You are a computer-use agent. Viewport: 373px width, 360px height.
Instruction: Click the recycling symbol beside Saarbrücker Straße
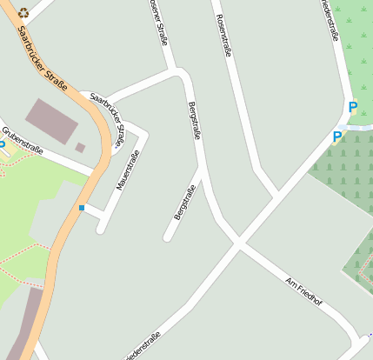click(23, 13)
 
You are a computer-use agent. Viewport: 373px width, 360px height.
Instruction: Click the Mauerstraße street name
click(128, 170)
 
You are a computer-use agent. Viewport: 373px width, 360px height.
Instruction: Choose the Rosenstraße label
click(223, 36)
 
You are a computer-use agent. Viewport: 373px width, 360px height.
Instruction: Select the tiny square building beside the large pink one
click(80, 148)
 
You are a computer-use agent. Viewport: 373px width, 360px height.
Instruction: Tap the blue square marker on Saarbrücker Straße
click(82, 208)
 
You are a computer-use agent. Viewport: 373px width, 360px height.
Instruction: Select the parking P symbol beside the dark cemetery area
click(336, 137)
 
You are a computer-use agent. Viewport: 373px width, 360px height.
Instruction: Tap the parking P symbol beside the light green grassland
click(352, 108)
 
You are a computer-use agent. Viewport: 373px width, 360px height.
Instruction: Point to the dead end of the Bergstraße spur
click(166, 237)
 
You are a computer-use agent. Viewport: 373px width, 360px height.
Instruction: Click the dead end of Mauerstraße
click(101, 230)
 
